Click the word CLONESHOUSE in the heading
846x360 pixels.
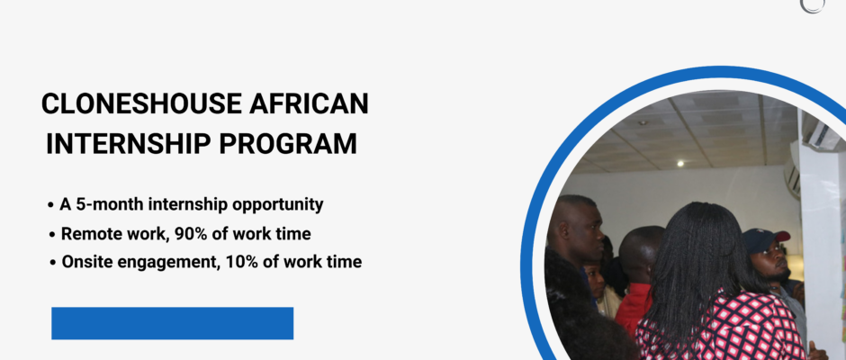[141, 103]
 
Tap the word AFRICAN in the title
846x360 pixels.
[309, 103]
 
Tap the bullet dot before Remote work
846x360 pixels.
[52, 235]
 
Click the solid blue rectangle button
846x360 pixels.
[172, 323]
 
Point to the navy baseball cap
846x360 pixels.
[765, 239]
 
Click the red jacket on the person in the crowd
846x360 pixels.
[633, 310]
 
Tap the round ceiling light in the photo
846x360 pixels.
[679, 163]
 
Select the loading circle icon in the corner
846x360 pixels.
[813, 5]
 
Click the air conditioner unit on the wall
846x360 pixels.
[791, 175]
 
